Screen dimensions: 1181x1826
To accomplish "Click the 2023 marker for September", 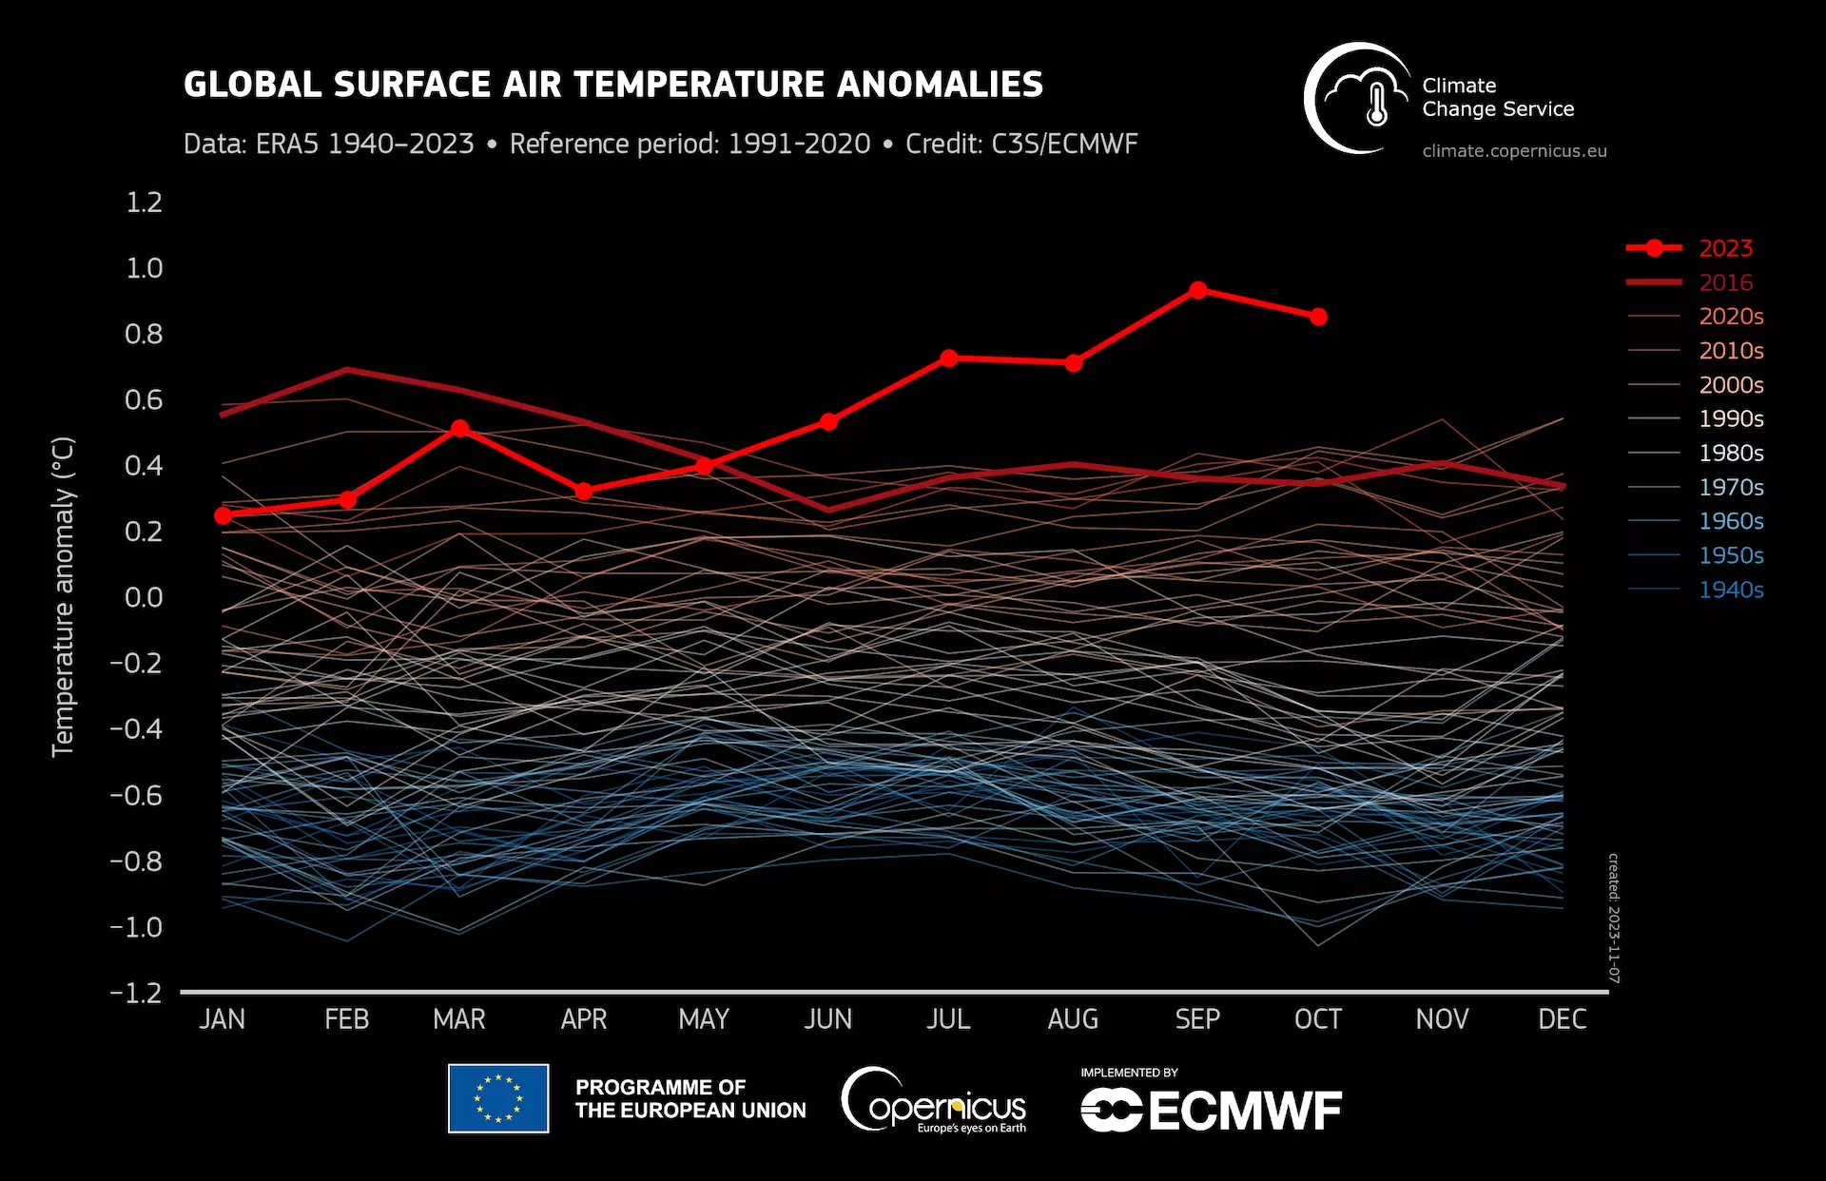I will click(x=1197, y=290).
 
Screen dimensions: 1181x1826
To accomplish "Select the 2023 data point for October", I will click(x=1318, y=317).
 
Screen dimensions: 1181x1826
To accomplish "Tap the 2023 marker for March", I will click(x=459, y=429).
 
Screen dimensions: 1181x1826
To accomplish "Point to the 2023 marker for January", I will click(x=223, y=515).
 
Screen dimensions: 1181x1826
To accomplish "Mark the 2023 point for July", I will click(x=948, y=358).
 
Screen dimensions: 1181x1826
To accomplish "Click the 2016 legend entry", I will click(x=1725, y=282).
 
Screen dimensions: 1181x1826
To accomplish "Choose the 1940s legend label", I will click(x=1731, y=590).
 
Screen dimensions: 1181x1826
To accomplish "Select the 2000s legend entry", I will click(x=1731, y=385).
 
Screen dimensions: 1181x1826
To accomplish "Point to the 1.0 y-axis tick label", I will click(x=144, y=268).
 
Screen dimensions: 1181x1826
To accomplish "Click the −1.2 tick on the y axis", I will click(x=136, y=993).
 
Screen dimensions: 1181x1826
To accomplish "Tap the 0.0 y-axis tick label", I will click(x=144, y=597).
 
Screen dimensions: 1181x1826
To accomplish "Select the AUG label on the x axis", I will click(x=1073, y=1019).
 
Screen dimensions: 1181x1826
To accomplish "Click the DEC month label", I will click(x=1562, y=1019).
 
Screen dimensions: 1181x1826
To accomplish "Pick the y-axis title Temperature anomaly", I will click(x=63, y=597).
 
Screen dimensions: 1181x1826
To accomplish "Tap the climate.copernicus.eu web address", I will click(x=1514, y=151).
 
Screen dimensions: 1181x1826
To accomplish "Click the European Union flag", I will click(x=498, y=1098).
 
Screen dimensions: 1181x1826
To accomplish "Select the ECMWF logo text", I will click(x=1245, y=1111).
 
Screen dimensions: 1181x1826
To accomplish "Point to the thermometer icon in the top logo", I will click(x=1376, y=104).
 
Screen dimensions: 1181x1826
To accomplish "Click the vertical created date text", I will click(x=1614, y=918).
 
